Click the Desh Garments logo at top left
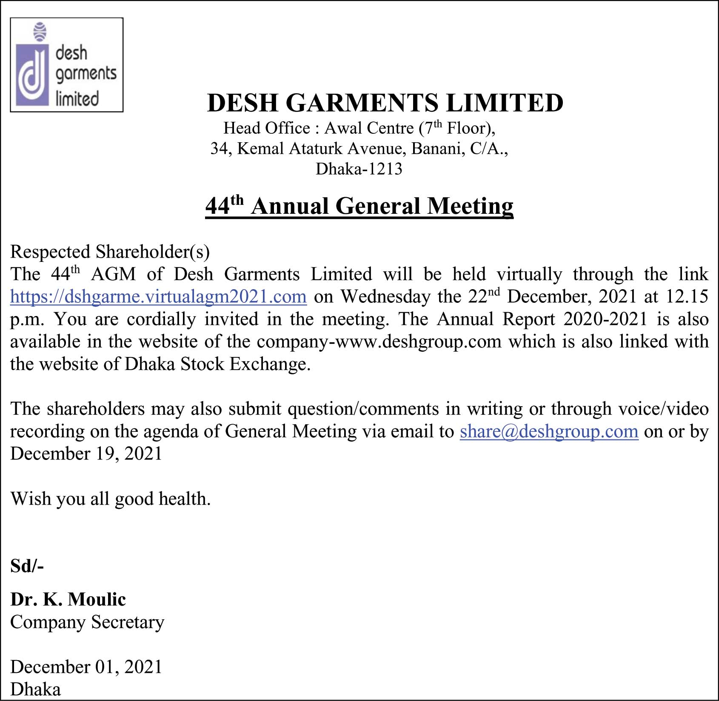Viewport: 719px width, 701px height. [x=66, y=65]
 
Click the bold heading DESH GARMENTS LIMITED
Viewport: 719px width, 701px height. [x=385, y=103]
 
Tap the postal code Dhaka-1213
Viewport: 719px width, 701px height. [x=359, y=169]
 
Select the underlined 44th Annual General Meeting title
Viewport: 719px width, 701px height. [x=359, y=206]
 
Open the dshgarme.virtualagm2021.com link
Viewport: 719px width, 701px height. [x=158, y=296]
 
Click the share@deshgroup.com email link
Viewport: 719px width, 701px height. [x=549, y=431]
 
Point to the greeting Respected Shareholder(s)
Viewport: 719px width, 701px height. [x=110, y=252]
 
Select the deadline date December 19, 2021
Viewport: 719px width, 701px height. [x=86, y=454]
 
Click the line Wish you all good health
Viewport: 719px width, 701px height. [x=111, y=499]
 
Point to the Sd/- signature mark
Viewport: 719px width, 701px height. [x=27, y=566]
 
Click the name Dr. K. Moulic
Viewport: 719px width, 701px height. [x=68, y=599]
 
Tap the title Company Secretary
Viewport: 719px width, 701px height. [x=87, y=622]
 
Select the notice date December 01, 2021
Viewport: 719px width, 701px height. [x=86, y=667]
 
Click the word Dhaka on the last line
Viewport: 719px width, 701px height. [x=35, y=689]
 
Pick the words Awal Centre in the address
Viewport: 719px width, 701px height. [x=369, y=128]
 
